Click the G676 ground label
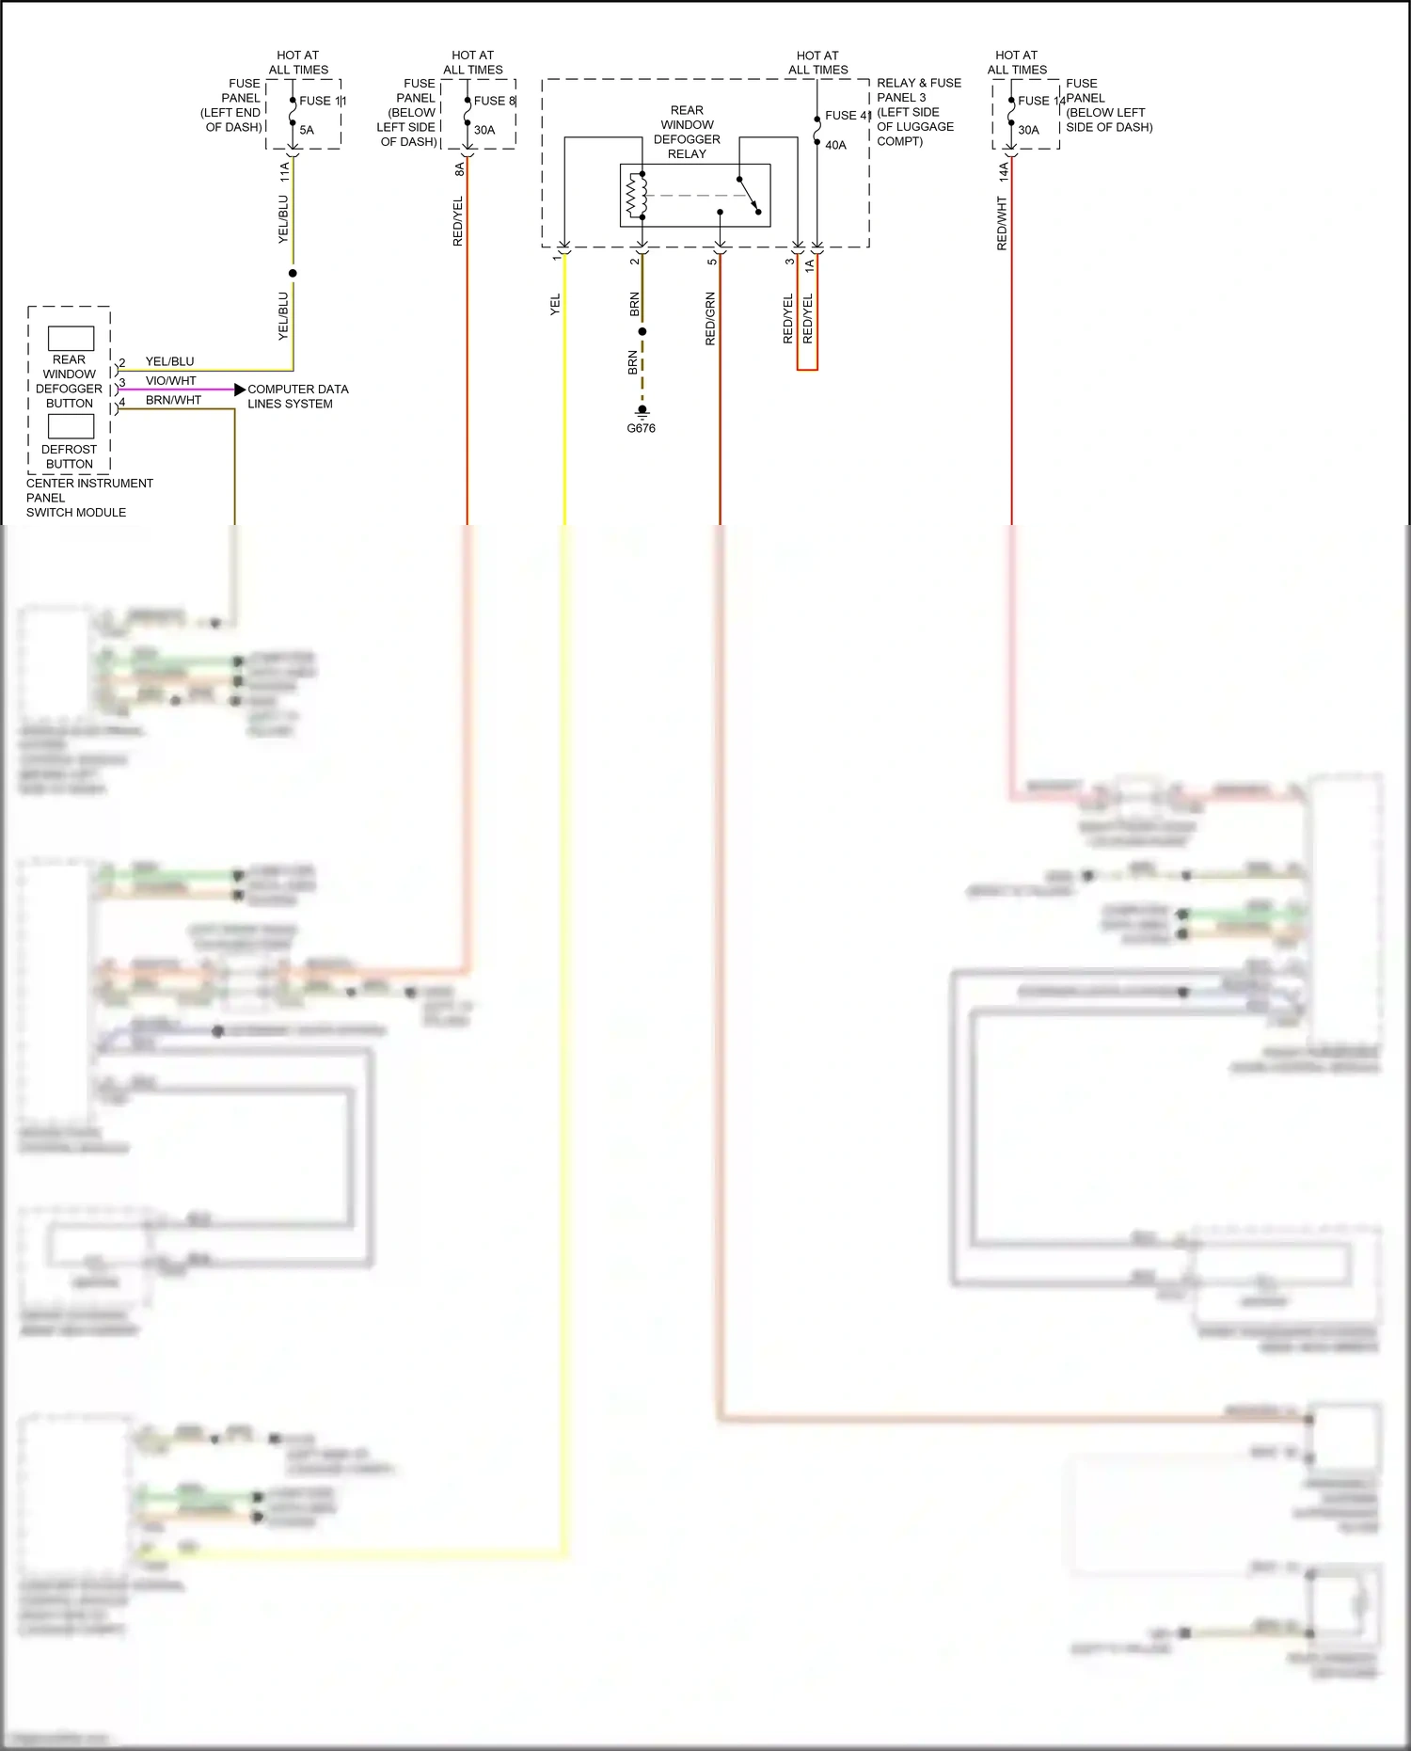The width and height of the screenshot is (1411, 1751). [641, 428]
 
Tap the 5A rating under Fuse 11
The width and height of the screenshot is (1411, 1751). [307, 130]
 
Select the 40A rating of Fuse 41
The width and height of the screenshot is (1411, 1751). [835, 145]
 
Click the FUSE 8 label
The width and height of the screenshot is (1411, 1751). [494, 101]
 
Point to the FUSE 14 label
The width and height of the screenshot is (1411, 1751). [1040, 101]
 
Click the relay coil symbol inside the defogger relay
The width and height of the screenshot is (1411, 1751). [637, 196]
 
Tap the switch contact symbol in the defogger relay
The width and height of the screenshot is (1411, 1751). [749, 196]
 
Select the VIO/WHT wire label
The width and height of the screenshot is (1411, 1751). [170, 380]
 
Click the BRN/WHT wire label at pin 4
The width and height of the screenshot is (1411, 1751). [173, 400]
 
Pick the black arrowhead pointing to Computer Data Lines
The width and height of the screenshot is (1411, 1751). [240, 389]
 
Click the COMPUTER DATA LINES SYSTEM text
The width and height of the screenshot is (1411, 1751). [296, 396]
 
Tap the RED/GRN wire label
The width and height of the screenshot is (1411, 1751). [710, 319]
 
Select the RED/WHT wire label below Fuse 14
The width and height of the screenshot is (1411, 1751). [1002, 223]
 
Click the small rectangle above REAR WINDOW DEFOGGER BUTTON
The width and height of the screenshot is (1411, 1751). [71, 339]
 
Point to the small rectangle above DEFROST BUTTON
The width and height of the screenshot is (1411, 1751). [71, 426]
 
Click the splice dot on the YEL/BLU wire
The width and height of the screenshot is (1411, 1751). [293, 274]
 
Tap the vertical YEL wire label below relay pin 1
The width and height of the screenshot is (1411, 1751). [555, 304]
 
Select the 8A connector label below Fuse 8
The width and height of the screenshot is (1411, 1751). [459, 169]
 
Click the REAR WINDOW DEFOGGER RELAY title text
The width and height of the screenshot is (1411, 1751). [687, 132]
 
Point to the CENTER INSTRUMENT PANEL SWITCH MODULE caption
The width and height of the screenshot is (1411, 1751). [88, 498]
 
